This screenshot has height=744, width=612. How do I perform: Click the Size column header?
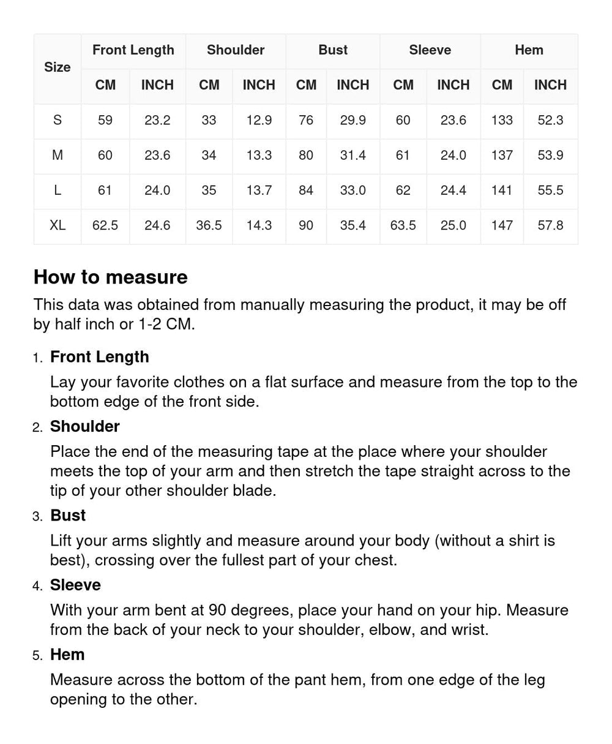click(x=57, y=67)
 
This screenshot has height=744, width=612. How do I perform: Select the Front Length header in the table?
click(x=133, y=50)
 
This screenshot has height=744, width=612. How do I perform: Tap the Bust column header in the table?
click(x=332, y=50)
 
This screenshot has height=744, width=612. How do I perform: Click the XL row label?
click(x=57, y=225)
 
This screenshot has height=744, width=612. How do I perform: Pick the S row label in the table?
click(x=57, y=120)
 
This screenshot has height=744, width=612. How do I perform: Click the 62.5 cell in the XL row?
click(x=105, y=225)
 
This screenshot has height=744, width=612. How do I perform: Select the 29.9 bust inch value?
click(x=353, y=120)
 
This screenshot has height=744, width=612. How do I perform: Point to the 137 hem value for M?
click(x=502, y=156)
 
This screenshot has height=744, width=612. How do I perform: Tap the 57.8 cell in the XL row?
click(x=550, y=225)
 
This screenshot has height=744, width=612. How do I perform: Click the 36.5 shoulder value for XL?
click(x=209, y=225)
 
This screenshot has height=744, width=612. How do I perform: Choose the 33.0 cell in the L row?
click(x=353, y=190)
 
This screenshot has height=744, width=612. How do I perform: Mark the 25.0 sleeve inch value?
click(x=453, y=225)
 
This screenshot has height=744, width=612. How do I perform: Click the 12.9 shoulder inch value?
click(x=259, y=120)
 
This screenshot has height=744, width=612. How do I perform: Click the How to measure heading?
click(x=110, y=277)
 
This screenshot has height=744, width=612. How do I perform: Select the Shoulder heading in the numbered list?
click(x=84, y=426)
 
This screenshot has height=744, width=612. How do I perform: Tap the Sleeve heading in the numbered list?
click(x=75, y=585)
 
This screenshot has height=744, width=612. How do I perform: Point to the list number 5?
click(x=37, y=656)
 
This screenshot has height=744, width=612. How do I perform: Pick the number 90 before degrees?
click(x=217, y=611)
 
